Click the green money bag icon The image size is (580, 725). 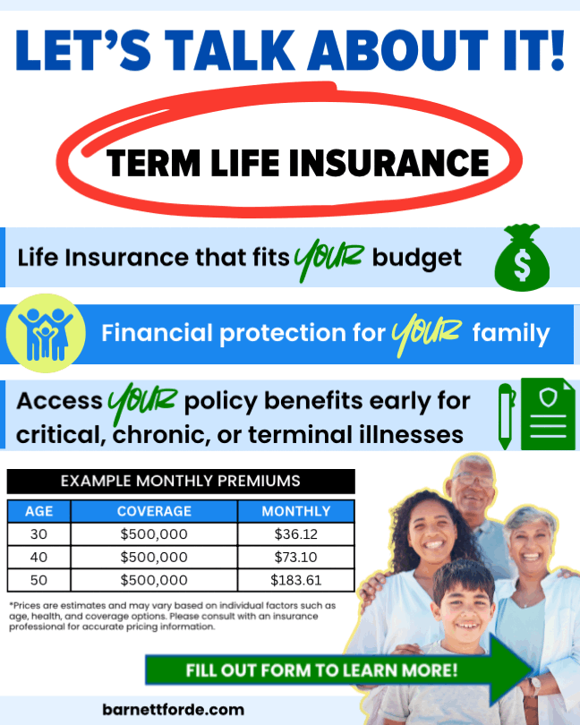[x=522, y=258]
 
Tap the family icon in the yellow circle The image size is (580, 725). [x=46, y=333]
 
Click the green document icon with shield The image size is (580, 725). [x=548, y=414]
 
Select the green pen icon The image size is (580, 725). [x=506, y=416]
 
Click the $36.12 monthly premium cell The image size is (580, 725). [x=296, y=534]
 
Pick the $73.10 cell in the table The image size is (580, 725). [x=296, y=557]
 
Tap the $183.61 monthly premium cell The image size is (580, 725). [x=296, y=580]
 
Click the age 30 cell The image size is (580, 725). [x=38, y=534]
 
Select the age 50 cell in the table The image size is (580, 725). [x=38, y=580]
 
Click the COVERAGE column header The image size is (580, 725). [x=154, y=511]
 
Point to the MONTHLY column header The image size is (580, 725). [x=296, y=511]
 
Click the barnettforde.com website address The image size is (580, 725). [x=173, y=710]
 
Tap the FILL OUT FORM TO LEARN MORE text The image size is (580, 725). [x=321, y=670]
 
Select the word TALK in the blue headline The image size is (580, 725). [x=230, y=50]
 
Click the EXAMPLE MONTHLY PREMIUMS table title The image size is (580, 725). [x=181, y=481]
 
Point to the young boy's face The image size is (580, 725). [x=464, y=604]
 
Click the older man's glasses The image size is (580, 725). [x=471, y=479]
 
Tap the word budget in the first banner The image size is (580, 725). [x=417, y=259]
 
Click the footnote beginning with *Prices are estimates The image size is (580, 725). [x=172, y=616]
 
